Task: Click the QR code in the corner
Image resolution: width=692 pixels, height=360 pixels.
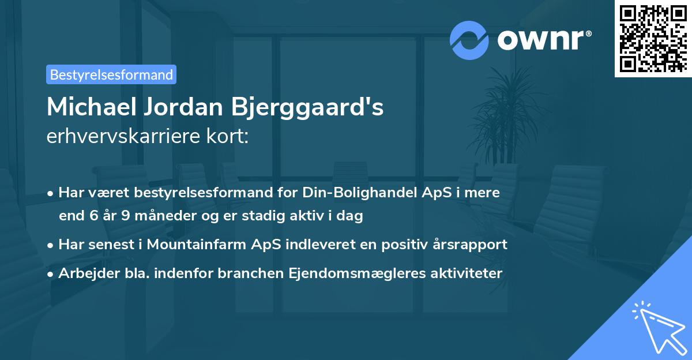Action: tap(652, 39)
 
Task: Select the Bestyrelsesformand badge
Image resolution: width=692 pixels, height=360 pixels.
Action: tap(111, 74)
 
